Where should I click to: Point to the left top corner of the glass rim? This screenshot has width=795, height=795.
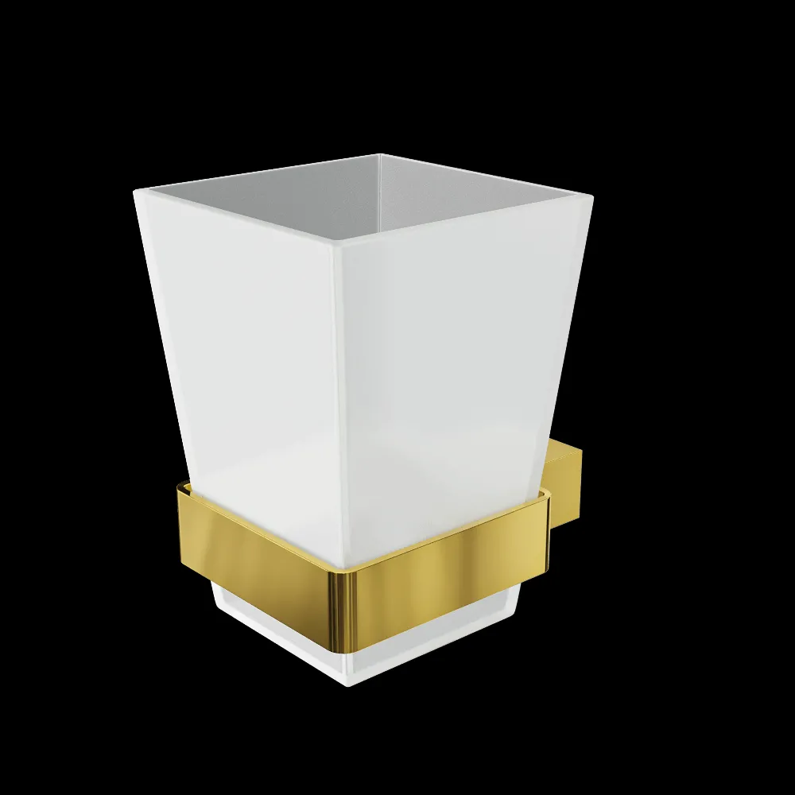coord(135,188)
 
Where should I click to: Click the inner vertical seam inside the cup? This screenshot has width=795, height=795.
coord(379,191)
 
